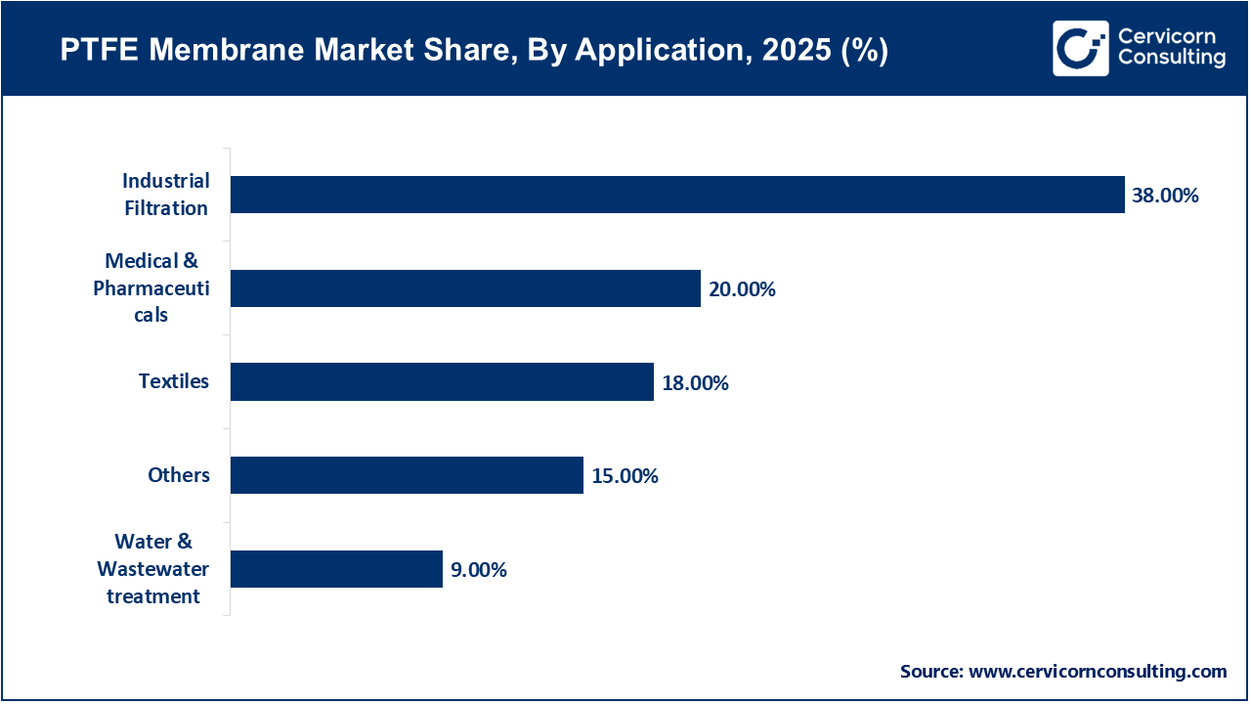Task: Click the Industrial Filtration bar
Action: [x=677, y=195]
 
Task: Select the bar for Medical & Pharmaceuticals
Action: [x=465, y=288]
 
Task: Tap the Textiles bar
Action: [x=442, y=381]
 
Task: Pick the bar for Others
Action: [x=407, y=475]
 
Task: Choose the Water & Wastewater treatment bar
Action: [x=336, y=569]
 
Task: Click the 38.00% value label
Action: [x=1165, y=196]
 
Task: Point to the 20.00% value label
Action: [x=742, y=289]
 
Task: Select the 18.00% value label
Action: [x=695, y=382]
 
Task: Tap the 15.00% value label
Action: [x=625, y=476]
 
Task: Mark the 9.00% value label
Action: [x=478, y=570]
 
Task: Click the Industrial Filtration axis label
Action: [x=165, y=195]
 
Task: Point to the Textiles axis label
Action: [x=174, y=381]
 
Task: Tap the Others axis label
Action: [x=179, y=475]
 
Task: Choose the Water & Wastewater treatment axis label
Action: [x=153, y=569]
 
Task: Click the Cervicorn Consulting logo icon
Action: [x=1080, y=48]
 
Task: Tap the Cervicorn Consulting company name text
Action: [x=1171, y=48]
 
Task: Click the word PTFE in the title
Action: [x=96, y=51]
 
